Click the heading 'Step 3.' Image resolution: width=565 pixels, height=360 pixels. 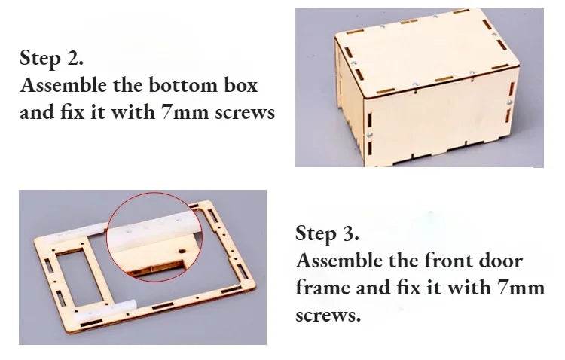click(x=328, y=233)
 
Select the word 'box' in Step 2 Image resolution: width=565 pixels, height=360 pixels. click(x=240, y=85)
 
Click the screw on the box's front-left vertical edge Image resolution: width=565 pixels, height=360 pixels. click(x=370, y=133)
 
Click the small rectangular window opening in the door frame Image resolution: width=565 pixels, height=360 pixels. click(x=83, y=273)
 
